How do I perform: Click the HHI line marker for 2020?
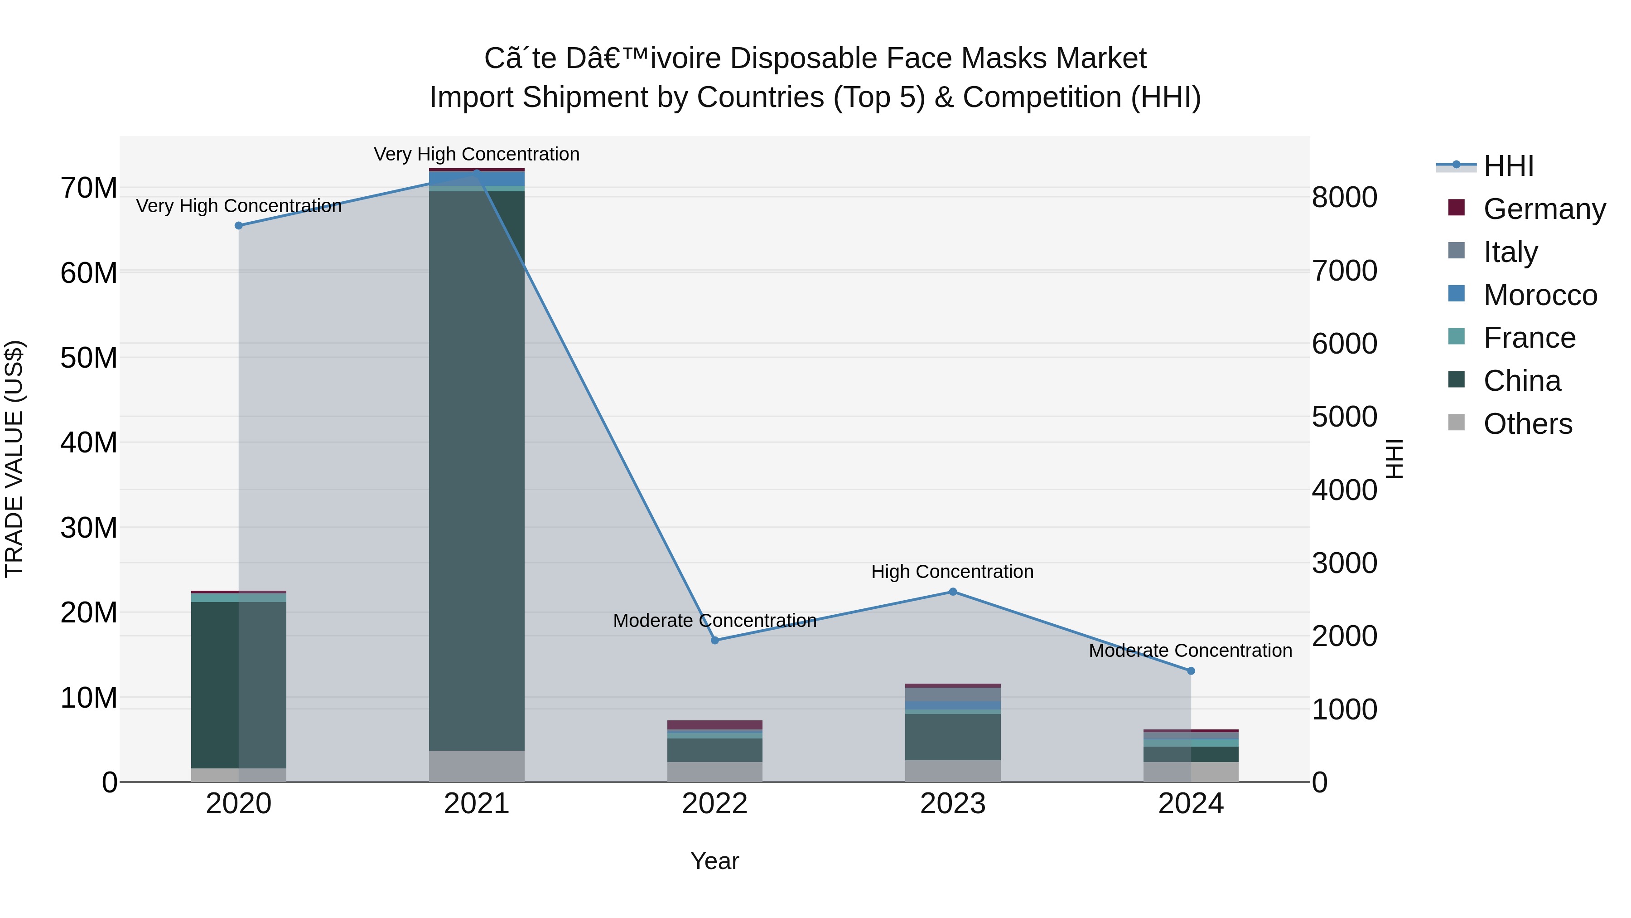[x=239, y=226]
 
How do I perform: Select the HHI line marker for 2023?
[x=953, y=592]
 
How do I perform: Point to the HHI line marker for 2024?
[x=1191, y=671]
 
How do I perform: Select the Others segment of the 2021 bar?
[x=477, y=766]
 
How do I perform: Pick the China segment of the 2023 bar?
[x=953, y=737]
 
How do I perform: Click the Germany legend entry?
[x=1544, y=209]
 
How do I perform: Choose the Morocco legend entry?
[x=1540, y=295]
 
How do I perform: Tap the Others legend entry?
[x=1527, y=424]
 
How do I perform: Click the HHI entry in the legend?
[x=1508, y=166]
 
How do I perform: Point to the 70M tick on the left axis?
[x=89, y=188]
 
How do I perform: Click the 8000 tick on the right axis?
[x=1344, y=198]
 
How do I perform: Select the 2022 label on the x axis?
[x=715, y=804]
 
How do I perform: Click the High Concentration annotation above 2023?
[x=952, y=572]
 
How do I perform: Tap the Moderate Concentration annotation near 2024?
[x=1190, y=651]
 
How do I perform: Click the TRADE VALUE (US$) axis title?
[x=14, y=459]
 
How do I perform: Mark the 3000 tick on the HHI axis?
[x=1344, y=563]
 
